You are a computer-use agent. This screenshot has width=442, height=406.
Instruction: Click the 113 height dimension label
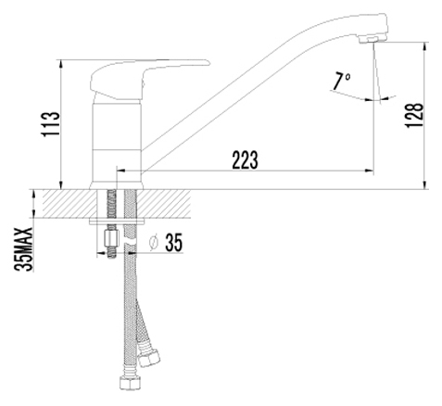tap(51, 124)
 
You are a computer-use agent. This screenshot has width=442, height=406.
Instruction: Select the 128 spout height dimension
tap(414, 115)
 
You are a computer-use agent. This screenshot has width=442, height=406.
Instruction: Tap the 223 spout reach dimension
tap(245, 159)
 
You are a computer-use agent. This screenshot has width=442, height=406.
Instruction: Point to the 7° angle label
tap(341, 82)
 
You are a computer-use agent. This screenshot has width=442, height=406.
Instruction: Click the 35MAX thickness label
tap(23, 249)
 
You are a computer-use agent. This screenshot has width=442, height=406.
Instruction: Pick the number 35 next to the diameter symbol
tap(174, 242)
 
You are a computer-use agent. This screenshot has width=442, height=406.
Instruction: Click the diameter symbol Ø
tap(153, 243)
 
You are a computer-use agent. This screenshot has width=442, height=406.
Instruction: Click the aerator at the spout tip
tap(373, 39)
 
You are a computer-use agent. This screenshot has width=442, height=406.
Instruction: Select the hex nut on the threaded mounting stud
tap(112, 238)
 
